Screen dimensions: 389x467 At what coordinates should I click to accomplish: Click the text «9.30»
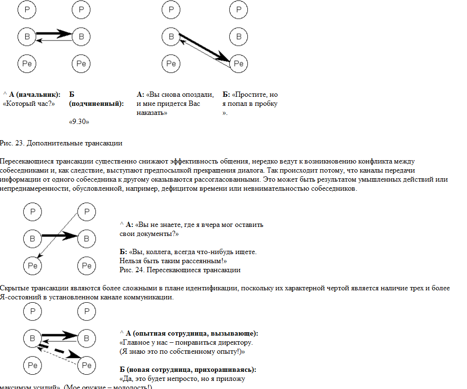pos(80,122)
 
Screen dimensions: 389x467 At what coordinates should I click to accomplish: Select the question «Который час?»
pos(30,103)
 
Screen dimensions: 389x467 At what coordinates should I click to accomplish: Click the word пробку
pos(265,103)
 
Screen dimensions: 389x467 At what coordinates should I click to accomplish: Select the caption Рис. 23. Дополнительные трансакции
pos(61,143)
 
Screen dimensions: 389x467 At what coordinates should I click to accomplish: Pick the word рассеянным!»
pos(203,261)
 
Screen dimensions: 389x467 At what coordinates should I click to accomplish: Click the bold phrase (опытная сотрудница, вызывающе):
pos(196,333)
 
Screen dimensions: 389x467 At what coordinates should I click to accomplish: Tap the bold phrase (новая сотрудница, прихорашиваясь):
pos(188,369)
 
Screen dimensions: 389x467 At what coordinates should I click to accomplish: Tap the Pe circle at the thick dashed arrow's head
pos(87,365)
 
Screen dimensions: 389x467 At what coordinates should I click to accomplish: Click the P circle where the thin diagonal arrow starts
pos(87,211)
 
